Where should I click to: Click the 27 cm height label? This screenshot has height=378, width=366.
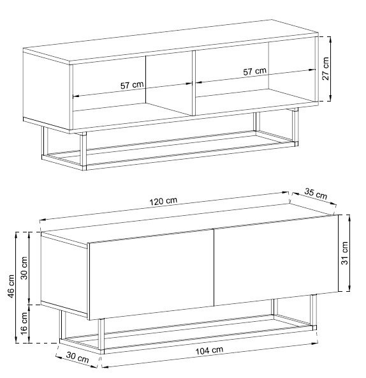tap(325, 68)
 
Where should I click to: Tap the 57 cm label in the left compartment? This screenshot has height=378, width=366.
tap(132, 85)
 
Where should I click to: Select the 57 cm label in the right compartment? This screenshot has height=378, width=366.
tap(254, 71)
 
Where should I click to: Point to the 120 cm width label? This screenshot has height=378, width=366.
tap(163, 201)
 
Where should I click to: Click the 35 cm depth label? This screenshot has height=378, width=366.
tap(316, 193)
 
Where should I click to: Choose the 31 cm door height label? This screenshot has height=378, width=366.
tap(344, 253)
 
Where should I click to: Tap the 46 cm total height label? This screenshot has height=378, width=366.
tap(11, 286)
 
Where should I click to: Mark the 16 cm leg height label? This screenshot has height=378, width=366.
tap(24, 323)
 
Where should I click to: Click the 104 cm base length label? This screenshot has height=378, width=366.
tap(209, 351)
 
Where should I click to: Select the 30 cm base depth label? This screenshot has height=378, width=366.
tap(78, 358)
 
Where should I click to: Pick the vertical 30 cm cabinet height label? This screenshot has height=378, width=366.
tap(24, 268)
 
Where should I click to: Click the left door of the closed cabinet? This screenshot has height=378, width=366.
tap(151, 274)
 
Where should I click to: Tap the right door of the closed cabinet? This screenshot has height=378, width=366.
tap(276, 260)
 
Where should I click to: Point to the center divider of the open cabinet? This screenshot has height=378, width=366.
tap(194, 83)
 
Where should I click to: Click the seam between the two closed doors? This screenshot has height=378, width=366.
tap(214, 268)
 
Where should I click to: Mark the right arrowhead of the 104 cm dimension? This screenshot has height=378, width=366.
tap(315, 344)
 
